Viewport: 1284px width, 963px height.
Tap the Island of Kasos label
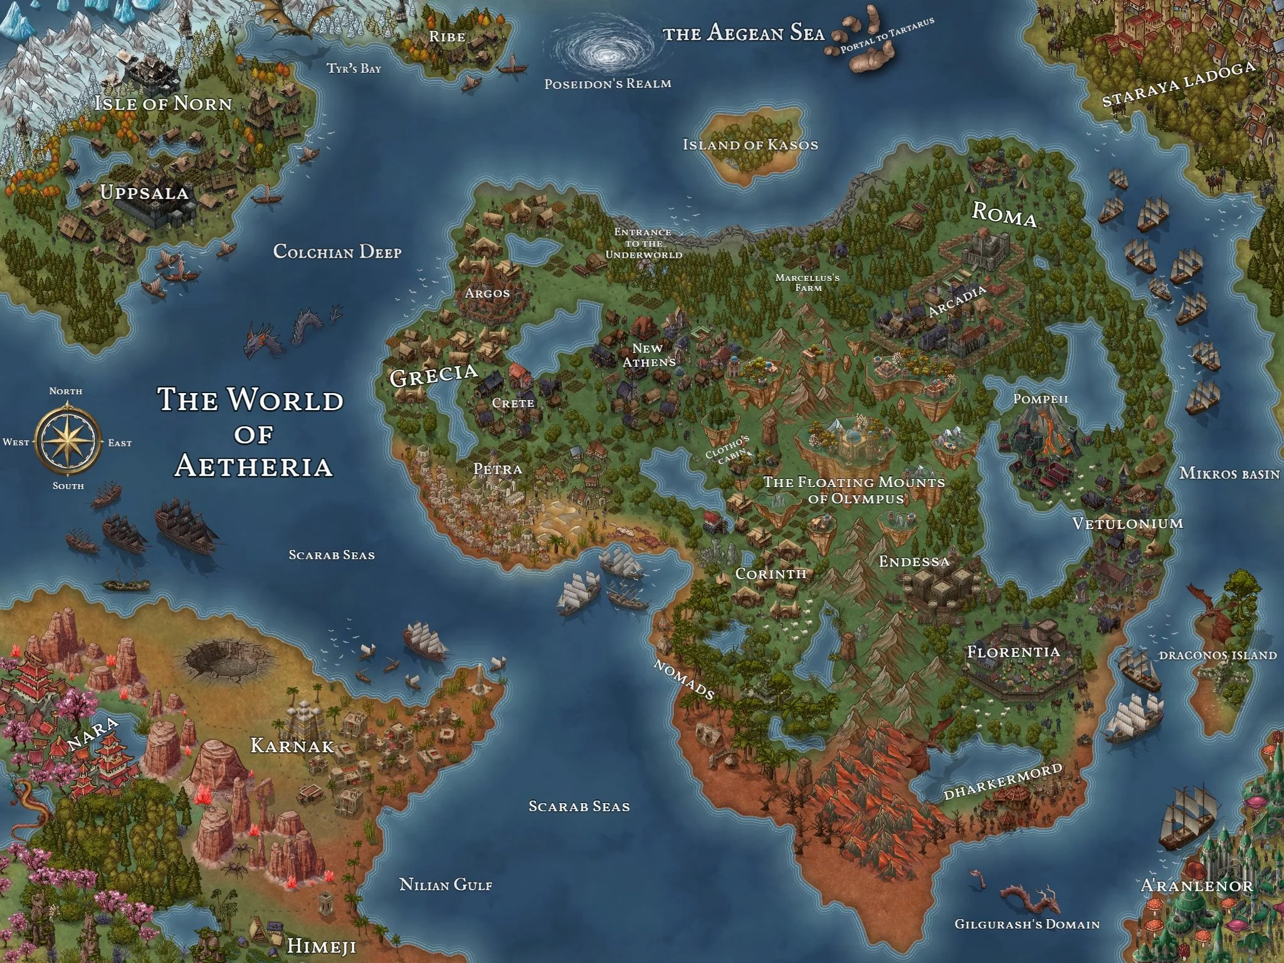(x=750, y=145)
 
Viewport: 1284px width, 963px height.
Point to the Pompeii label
(x=1040, y=399)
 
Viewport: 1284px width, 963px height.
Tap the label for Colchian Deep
(x=337, y=252)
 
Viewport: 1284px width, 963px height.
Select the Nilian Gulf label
(x=446, y=885)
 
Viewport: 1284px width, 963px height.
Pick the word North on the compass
(x=66, y=391)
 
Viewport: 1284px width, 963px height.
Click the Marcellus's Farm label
(x=808, y=282)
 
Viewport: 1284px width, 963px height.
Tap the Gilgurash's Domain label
(x=1027, y=924)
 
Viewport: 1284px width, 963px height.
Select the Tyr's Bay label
(x=354, y=68)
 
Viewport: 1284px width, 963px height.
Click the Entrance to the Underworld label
(x=643, y=243)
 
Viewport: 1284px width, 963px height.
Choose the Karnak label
(x=292, y=746)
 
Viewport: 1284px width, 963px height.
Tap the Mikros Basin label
(x=1229, y=473)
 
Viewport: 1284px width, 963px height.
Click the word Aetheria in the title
(x=253, y=466)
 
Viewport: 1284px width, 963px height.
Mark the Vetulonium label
(x=1127, y=524)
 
